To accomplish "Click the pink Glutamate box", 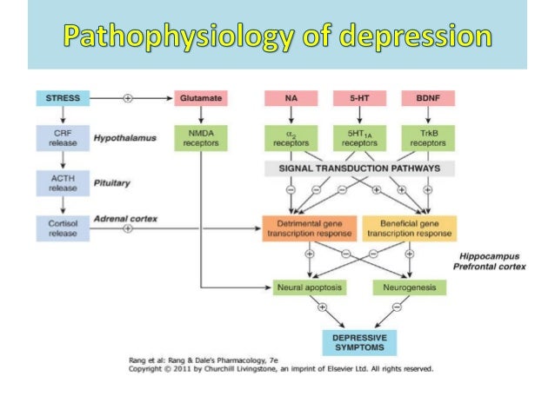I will click(x=199, y=98).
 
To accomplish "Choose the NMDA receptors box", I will click(x=199, y=139).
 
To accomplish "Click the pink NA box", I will click(x=289, y=98).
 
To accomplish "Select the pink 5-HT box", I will click(x=358, y=98).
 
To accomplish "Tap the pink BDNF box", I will click(x=428, y=98).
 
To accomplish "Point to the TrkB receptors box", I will click(x=428, y=139).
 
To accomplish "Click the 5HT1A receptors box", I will click(x=358, y=139).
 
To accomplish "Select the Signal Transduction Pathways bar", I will click(x=358, y=168).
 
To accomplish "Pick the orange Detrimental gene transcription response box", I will click(x=309, y=228).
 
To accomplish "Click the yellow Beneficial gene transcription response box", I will click(x=408, y=228).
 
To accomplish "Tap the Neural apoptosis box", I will click(x=309, y=286).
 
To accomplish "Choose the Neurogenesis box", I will click(x=408, y=286).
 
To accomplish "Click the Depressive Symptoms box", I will click(x=359, y=341).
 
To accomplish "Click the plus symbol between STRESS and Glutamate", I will click(x=128, y=98).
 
